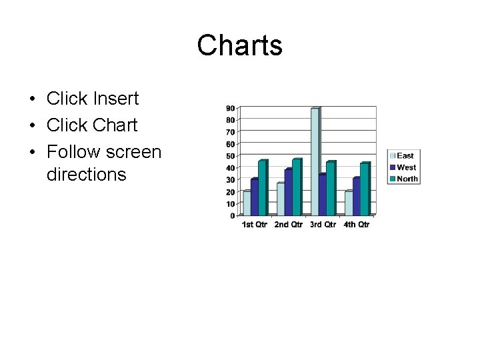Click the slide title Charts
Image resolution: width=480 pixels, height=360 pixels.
tap(239, 46)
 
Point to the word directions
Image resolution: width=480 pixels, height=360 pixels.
tap(86, 175)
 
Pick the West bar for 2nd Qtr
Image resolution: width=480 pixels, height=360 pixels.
tap(288, 193)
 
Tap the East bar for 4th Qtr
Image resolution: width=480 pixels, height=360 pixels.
tap(349, 203)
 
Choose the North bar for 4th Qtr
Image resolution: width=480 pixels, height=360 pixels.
tap(364, 189)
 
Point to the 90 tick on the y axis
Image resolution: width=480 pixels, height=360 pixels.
tap(230, 108)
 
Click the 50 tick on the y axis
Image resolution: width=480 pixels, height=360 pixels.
tap(230, 156)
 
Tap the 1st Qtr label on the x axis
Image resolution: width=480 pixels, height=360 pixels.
tap(254, 225)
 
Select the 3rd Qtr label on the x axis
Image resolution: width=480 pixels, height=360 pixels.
tap(323, 225)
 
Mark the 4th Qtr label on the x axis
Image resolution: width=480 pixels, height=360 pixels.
tap(357, 225)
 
